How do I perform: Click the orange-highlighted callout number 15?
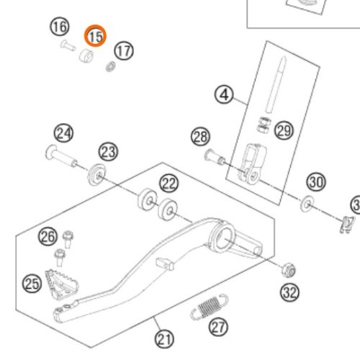(x=95, y=36)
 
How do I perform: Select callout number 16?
(x=60, y=27)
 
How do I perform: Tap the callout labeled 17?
(x=124, y=51)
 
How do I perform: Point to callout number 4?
(x=224, y=95)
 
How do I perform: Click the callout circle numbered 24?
(x=63, y=133)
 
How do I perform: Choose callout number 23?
(x=108, y=152)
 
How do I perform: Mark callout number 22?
(x=169, y=184)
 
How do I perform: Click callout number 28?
(x=200, y=137)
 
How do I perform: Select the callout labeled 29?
(x=284, y=131)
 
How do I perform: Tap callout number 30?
(x=316, y=182)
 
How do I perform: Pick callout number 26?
(x=48, y=237)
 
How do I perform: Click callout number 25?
(x=32, y=284)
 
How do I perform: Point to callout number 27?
(x=218, y=327)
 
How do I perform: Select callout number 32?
(x=289, y=292)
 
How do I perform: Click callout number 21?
(x=164, y=339)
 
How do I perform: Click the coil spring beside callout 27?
(x=210, y=307)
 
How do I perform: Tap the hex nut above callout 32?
(x=289, y=270)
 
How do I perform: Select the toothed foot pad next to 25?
(x=62, y=285)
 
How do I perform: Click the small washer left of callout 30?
(x=307, y=204)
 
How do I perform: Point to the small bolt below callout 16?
(x=68, y=45)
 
